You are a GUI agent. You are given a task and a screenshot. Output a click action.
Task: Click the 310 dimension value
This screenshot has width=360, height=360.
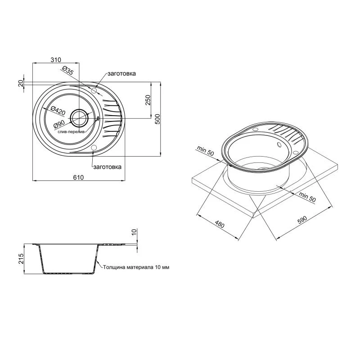coord(56,60)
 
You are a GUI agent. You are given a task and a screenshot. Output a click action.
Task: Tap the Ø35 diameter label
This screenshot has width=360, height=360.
coord(67,71)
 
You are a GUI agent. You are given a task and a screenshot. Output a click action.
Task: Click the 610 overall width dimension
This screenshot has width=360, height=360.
coord(78,177)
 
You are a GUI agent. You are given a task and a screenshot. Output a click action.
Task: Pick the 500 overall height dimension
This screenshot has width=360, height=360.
coord(157,119)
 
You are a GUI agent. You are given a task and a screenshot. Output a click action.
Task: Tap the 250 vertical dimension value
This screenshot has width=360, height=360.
coord(148,100)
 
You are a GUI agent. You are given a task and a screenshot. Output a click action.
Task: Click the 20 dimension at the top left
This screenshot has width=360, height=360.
coord(21,83)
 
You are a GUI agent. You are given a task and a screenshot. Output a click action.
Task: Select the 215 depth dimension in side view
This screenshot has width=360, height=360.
coord(21,258)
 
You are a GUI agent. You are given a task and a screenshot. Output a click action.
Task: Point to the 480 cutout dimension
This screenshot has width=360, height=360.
coord(220,224)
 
